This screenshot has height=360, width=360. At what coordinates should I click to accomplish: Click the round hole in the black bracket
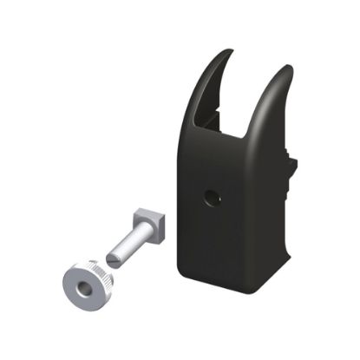coord(212,197)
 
